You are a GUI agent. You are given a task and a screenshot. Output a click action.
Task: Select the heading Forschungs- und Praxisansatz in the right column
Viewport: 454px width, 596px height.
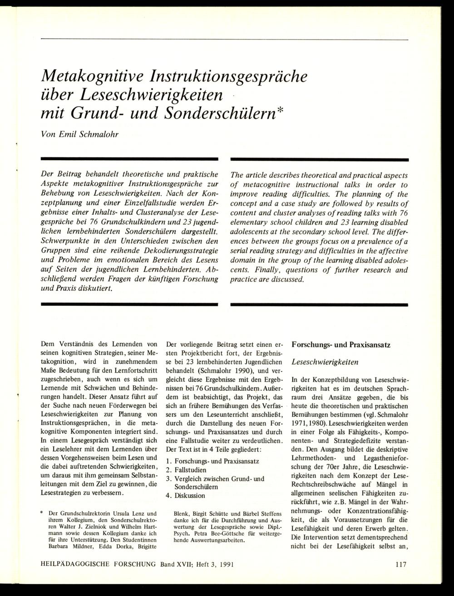pyautogui.click(x=341, y=345)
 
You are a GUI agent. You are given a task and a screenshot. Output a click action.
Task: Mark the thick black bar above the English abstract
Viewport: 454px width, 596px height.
pyautogui.click(x=320, y=159)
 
